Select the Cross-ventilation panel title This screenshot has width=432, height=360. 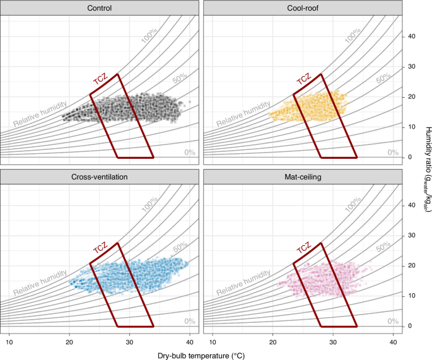pos(101,177)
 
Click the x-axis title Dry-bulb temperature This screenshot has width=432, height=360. pos(202,354)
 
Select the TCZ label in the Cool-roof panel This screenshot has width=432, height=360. pos(303,82)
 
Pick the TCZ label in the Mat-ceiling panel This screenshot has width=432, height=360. pos(303,251)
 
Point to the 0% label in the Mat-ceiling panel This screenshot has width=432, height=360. pos(393,322)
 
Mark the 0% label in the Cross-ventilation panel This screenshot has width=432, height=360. pos(190,322)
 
